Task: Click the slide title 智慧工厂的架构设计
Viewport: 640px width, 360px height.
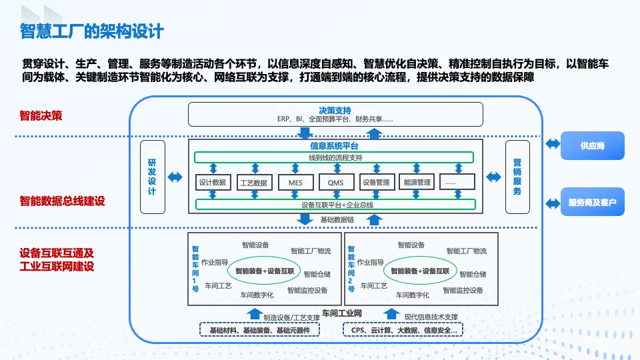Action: click(x=92, y=31)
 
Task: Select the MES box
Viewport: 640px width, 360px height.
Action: click(x=295, y=182)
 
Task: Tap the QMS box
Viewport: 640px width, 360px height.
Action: click(x=335, y=182)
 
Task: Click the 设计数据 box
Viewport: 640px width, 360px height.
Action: click(x=213, y=182)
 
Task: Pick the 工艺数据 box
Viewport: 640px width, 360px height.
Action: click(x=254, y=182)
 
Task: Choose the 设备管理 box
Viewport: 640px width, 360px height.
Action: click(x=377, y=182)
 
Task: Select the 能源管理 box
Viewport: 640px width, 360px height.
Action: click(x=417, y=182)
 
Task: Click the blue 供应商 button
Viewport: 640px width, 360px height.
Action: click(x=592, y=146)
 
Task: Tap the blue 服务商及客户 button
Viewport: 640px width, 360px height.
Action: click(x=592, y=201)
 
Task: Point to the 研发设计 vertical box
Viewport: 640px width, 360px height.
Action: click(x=153, y=177)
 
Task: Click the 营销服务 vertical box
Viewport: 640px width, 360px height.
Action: click(x=517, y=177)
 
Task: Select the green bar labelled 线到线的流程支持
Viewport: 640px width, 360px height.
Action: click(x=334, y=157)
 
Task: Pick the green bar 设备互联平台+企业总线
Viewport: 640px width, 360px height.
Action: click(x=335, y=205)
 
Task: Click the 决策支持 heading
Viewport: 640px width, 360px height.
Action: click(x=335, y=110)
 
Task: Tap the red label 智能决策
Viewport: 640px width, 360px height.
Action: click(x=41, y=115)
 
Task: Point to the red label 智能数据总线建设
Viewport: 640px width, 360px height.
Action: click(x=63, y=201)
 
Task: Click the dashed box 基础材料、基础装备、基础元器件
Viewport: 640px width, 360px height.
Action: click(x=259, y=330)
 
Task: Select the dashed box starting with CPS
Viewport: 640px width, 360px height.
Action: click(x=403, y=330)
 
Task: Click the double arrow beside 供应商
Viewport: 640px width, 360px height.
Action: click(x=553, y=144)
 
